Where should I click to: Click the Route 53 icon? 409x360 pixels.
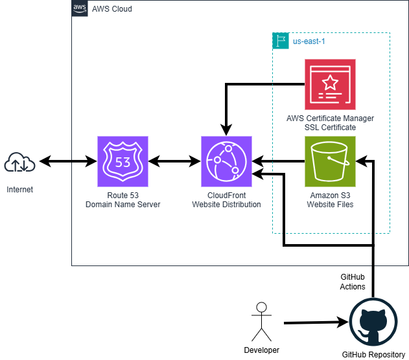click(x=123, y=161)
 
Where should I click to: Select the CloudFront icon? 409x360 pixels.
click(x=226, y=161)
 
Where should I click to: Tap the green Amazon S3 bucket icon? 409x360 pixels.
click(x=331, y=161)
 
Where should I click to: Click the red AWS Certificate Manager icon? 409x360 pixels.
click(x=331, y=84)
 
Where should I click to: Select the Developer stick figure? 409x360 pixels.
click(x=261, y=321)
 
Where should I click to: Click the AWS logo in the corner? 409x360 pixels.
click(x=80, y=8)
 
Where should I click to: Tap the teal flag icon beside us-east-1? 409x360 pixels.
click(x=281, y=41)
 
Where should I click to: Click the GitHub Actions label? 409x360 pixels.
click(x=353, y=282)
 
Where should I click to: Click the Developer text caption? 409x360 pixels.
click(x=261, y=350)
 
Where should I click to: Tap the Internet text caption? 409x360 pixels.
click(x=19, y=190)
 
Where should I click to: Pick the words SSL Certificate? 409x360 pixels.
click(x=330, y=128)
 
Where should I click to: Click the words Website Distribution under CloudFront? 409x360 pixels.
click(x=226, y=205)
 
